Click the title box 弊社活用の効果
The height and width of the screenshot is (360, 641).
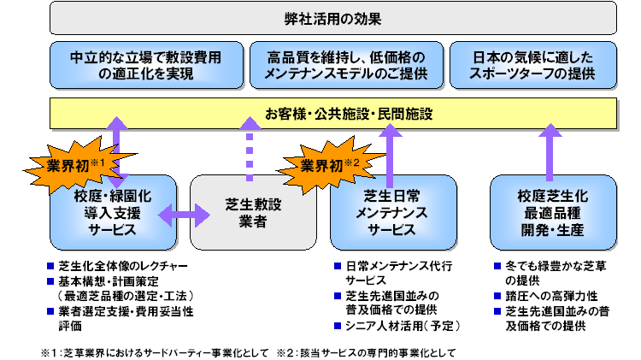click(x=332, y=19)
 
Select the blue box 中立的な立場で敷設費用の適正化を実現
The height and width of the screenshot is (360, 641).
click(x=146, y=65)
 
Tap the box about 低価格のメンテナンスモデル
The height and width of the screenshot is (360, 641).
click(x=346, y=65)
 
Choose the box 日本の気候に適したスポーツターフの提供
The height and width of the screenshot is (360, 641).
click(x=533, y=65)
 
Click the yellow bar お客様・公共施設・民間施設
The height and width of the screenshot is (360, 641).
click(x=333, y=114)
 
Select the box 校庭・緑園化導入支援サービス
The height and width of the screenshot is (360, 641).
click(x=113, y=213)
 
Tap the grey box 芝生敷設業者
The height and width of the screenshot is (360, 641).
click(x=253, y=213)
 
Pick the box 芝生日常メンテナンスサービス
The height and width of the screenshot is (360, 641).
click(x=393, y=213)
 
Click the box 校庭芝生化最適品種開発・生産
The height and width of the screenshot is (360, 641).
click(x=553, y=213)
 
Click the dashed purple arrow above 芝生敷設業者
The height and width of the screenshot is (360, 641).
click(x=250, y=150)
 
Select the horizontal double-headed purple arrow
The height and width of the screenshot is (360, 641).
click(x=184, y=215)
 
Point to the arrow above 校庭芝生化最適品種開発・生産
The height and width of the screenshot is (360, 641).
click(x=550, y=152)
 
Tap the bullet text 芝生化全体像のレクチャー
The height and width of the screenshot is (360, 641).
click(x=123, y=266)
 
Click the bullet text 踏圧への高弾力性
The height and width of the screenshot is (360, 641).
click(x=551, y=296)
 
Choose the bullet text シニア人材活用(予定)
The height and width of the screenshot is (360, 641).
click(x=403, y=326)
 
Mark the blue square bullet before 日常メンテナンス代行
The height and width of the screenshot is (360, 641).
click(x=338, y=266)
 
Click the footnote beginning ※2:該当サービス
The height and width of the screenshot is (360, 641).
click(x=366, y=352)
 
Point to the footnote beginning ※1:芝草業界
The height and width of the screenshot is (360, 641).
click(x=155, y=352)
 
